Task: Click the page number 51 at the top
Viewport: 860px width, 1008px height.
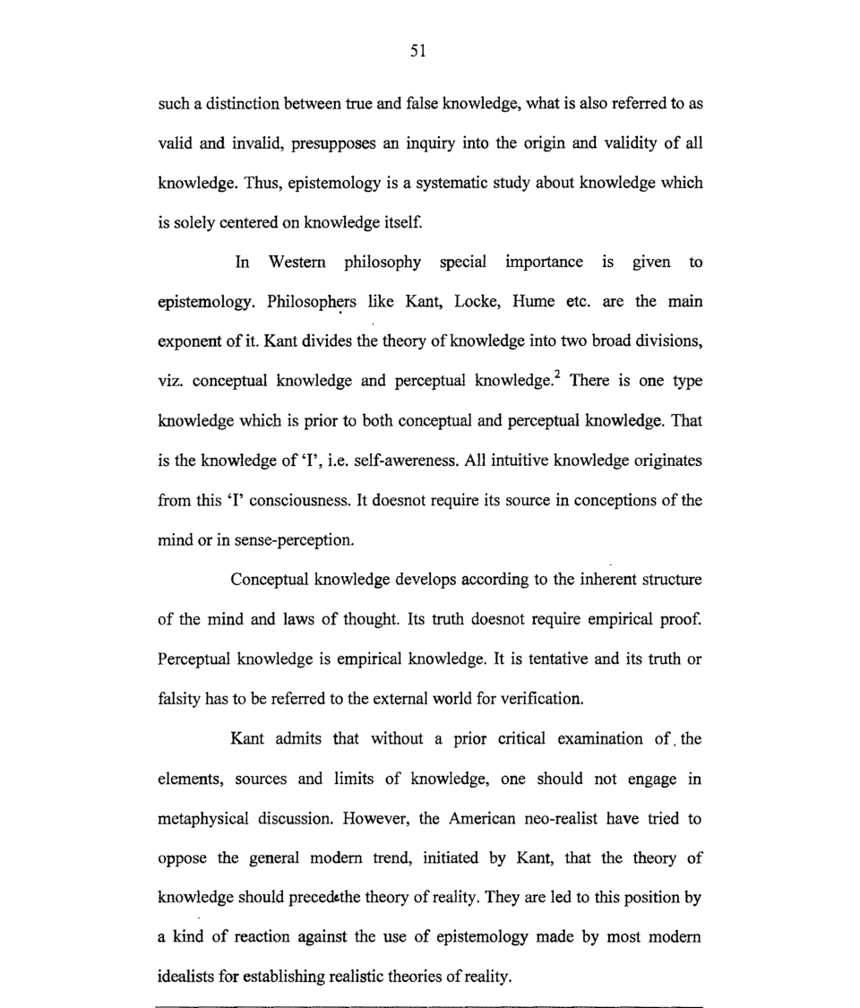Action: click(x=417, y=52)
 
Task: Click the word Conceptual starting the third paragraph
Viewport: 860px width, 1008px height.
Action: click(x=271, y=580)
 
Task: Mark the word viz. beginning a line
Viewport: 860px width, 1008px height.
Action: click(x=169, y=381)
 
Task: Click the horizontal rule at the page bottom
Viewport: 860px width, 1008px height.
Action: click(x=430, y=1006)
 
